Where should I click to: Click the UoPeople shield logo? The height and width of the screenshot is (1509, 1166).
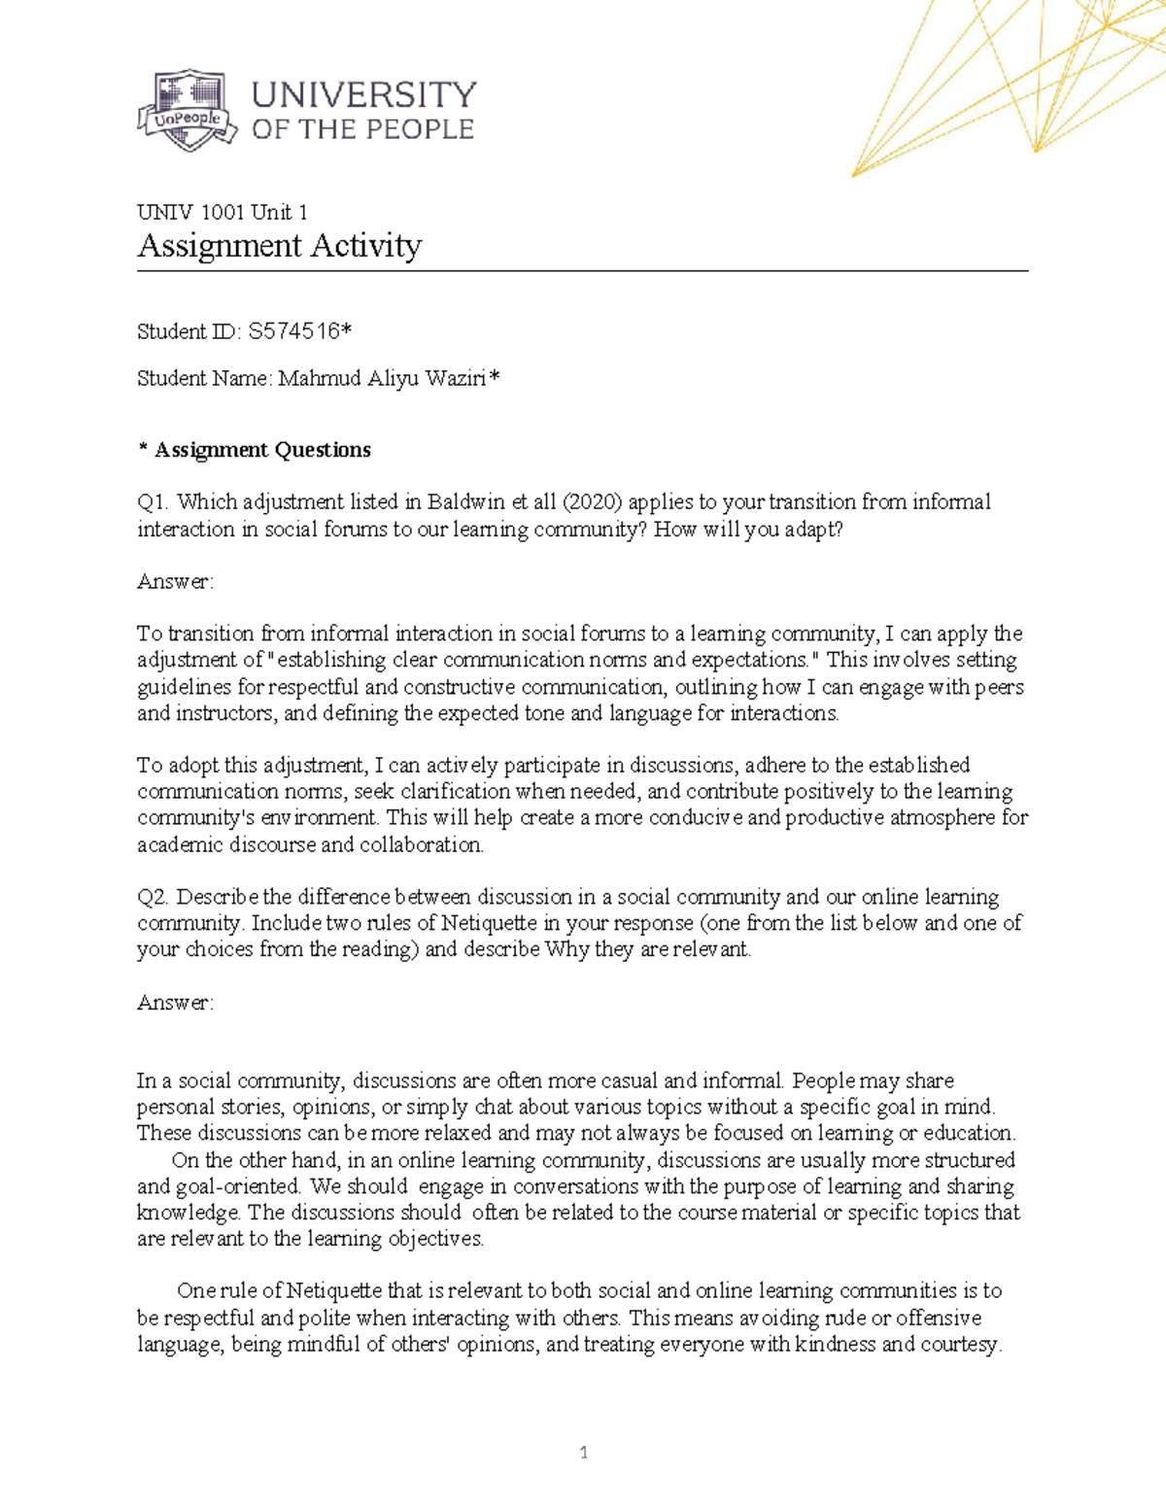[x=187, y=110]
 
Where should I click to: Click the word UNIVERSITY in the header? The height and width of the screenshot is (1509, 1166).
[x=364, y=95]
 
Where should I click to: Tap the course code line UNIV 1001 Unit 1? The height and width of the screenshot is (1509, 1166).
[x=223, y=212]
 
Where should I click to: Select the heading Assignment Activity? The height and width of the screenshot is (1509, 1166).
[x=279, y=245]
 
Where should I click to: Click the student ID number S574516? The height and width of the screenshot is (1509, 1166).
[x=293, y=331]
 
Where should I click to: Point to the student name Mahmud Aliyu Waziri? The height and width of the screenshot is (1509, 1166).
[x=382, y=378]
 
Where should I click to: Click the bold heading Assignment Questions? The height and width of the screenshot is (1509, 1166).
[x=262, y=449]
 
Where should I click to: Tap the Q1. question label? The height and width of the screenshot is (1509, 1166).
[x=154, y=501]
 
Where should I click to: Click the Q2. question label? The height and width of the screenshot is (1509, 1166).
[x=154, y=896]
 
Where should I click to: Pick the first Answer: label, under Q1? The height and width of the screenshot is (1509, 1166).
[x=175, y=581]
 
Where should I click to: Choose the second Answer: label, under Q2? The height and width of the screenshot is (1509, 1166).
[x=175, y=1002]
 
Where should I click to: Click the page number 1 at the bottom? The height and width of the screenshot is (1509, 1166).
[x=583, y=1453]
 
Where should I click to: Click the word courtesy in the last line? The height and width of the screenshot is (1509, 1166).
[x=956, y=1344]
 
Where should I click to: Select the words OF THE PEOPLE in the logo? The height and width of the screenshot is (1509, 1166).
[x=362, y=129]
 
